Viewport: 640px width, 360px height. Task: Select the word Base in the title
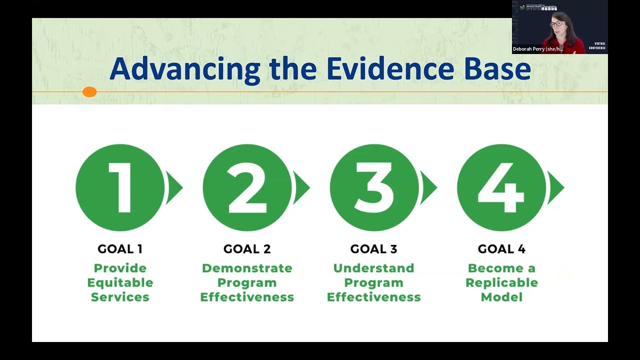497,69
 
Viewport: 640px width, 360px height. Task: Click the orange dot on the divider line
89,92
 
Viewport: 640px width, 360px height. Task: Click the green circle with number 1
120,187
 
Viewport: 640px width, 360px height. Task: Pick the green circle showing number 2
247,187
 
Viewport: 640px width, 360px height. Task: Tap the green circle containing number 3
374,187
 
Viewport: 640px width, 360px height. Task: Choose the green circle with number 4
501,187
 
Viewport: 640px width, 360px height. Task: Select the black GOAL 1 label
120,249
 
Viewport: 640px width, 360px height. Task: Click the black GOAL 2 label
247,249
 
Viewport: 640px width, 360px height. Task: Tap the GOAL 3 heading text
374,249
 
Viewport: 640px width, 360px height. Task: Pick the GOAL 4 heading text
501,249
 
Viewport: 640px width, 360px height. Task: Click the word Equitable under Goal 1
120,282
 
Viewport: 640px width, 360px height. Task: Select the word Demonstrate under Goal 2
247,268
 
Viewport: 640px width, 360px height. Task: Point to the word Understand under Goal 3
374,268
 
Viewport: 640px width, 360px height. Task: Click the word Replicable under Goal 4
501,282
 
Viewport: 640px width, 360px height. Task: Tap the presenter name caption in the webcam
538,49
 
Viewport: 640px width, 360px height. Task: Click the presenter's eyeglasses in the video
556,23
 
